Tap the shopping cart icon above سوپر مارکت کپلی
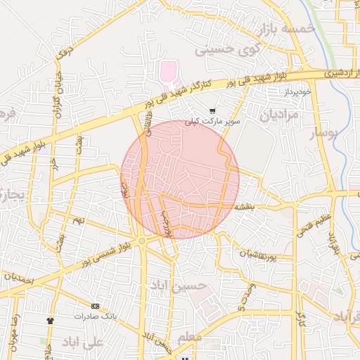(x=212, y=110)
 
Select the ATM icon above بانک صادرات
(x=95, y=306)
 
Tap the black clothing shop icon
(x=50, y=321)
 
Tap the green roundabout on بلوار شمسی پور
(x=142, y=241)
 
